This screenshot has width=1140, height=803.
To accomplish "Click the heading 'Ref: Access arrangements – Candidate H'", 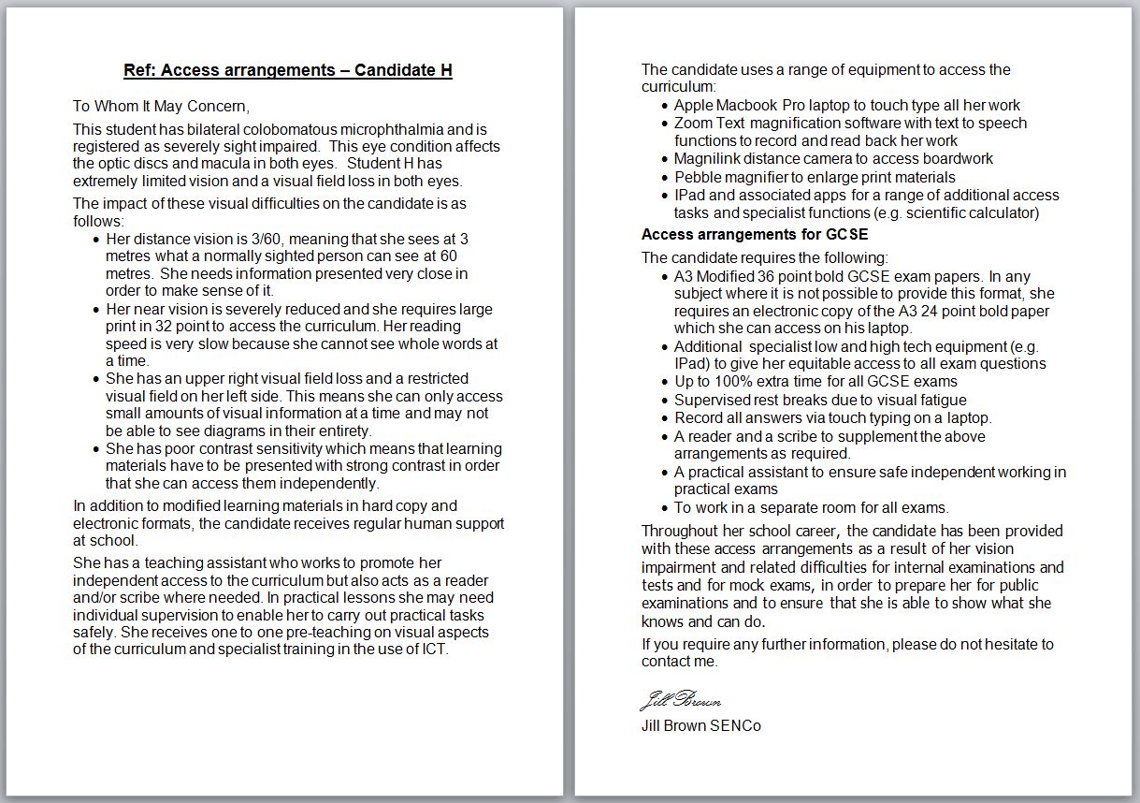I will click(288, 70).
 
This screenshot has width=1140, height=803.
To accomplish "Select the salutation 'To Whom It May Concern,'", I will click(161, 106).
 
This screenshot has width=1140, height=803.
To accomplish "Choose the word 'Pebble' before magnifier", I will click(698, 177).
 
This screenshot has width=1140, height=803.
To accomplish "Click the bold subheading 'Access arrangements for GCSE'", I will click(754, 234).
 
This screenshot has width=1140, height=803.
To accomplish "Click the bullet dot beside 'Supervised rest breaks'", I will click(664, 401).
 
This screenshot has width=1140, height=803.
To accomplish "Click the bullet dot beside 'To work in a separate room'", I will click(664, 508).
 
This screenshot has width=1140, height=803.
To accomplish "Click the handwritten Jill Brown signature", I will click(680, 701).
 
